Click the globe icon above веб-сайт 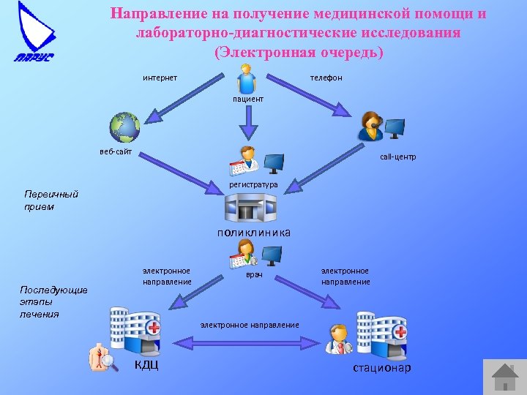coord(124,127)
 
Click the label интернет coord(160,78)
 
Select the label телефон coord(326,78)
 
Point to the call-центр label coord(397,157)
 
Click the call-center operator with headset coord(370,127)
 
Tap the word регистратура coord(253,185)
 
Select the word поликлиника coord(253,233)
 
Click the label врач coord(254,276)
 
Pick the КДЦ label coord(146,365)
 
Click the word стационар coord(382,367)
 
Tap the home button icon coord(504,377)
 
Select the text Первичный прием coord(51,200)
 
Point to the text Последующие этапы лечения coord(53,301)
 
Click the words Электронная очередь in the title coord(299,53)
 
